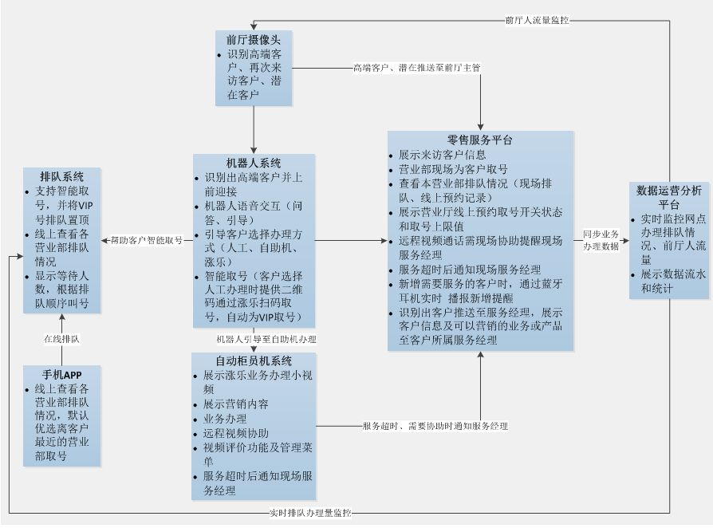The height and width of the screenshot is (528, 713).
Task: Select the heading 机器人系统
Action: click(254, 164)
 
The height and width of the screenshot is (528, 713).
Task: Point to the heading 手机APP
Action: click(62, 374)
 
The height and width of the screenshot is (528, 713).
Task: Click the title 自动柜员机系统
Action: click(254, 361)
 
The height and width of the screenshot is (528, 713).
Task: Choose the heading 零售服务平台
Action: click(480, 140)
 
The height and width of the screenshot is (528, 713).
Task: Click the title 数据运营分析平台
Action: click(668, 197)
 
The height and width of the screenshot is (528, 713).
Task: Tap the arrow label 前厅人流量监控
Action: click(537, 19)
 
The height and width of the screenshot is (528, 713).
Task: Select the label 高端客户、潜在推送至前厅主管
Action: click(416, 68)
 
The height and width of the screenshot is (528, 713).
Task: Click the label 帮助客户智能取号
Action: click(146, 239)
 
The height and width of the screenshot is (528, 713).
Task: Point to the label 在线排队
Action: click(61, 339)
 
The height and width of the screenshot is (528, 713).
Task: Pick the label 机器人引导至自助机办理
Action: click(266, 339)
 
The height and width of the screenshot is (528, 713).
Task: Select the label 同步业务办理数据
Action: click(600, 240)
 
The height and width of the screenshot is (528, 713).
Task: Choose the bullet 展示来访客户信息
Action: click(442, 154)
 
